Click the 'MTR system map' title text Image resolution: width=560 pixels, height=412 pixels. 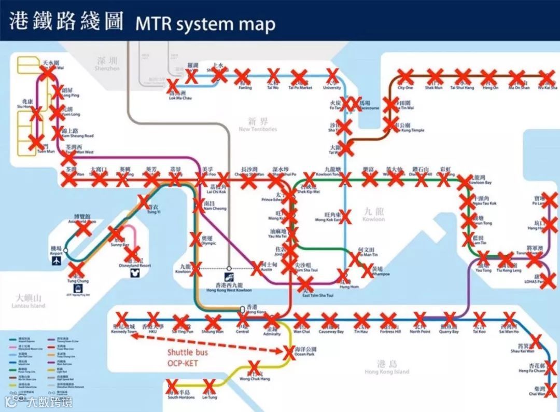click(205, 23)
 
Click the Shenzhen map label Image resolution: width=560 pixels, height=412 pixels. click(107, 64)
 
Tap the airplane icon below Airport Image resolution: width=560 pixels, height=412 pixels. click(55, 262)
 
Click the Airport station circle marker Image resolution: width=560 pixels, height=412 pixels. click(66, 250)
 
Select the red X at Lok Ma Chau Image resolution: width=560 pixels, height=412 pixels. click(175, 85)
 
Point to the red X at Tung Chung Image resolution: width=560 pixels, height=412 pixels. click(76, 269)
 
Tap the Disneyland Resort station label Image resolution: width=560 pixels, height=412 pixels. click(134, 263)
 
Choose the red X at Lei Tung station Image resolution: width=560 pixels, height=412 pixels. click(209, 386)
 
